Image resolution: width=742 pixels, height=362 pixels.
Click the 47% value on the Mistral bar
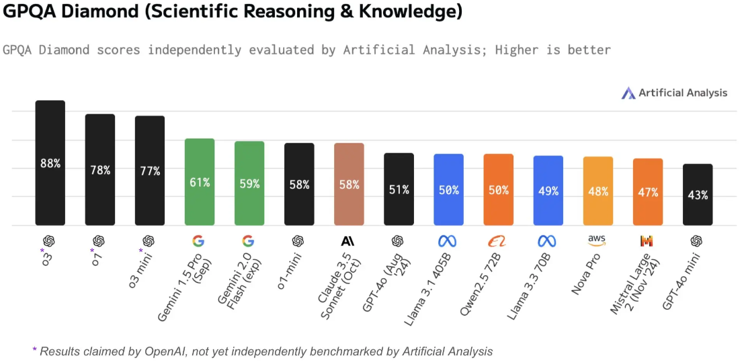pyautogui.click(x=648, y=193)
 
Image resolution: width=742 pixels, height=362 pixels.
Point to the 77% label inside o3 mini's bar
pyautogui.click(x=149, y=171)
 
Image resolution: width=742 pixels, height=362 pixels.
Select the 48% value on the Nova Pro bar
pyautogui.click(x=598, y=191)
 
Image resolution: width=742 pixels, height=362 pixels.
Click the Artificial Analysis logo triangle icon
pyautogui.click(x=628, y=93)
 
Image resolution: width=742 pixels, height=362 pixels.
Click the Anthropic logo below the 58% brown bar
pyautogui.click(x=347, y=241)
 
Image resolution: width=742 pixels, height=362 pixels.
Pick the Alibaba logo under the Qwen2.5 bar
pyautogui.click(x=498, y=241)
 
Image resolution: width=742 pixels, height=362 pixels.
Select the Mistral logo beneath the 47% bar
pyautogui.click(x=647, y=241)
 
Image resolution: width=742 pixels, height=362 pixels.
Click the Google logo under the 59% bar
pyautogui.click(x=249, y=241)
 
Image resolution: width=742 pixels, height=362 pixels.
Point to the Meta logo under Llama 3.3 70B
pyautogui.click(x=547, y=241)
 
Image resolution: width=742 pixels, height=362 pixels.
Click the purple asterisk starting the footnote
pyautogui.click(x=35, y=349)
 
